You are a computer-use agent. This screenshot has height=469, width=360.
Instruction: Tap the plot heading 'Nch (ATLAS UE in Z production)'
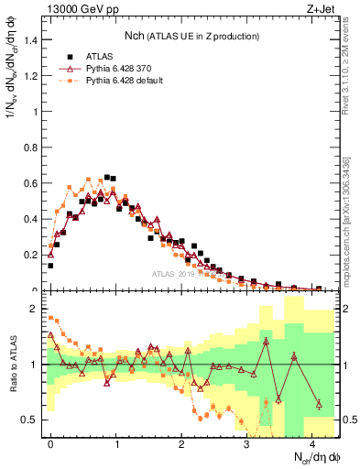[191, 36]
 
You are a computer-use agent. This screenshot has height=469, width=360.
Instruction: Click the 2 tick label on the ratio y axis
[37, 310]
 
